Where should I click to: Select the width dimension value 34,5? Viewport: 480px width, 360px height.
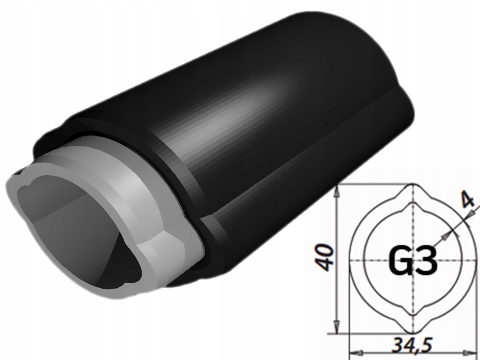tap(411, 346)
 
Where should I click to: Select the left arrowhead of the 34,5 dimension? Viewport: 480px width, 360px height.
tap(354, 350)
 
